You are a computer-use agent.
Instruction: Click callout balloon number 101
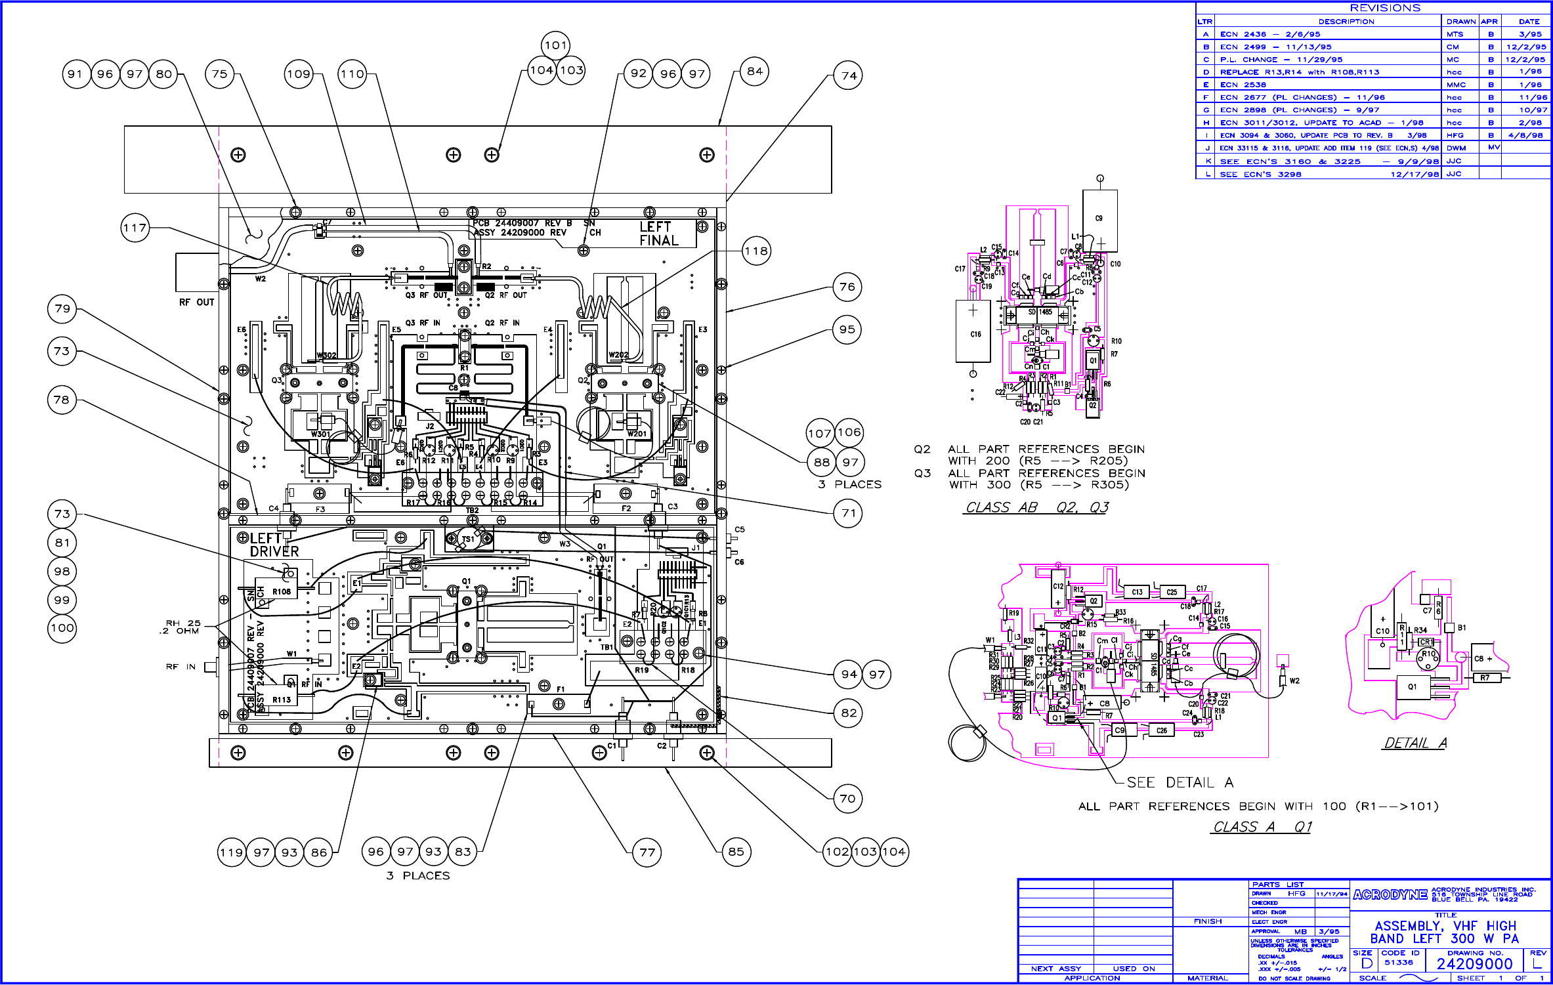pos(555,45)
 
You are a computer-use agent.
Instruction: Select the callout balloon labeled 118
pos(756,251)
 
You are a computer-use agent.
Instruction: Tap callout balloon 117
pos(135,228)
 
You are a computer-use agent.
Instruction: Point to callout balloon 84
pos(755,72)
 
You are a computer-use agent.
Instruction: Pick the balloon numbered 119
pos(232,852)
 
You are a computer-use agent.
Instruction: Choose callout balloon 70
pos(847,799)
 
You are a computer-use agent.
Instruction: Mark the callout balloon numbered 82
pos(849,713)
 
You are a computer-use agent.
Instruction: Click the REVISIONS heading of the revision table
pos(1385,8)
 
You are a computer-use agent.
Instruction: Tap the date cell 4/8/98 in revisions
pos(1525,135)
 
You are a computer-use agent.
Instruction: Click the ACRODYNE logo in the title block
pos(1390,894)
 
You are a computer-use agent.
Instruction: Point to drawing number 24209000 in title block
pos(1474,963)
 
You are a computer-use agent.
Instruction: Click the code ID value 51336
pos(1398,963)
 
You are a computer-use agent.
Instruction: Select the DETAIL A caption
pos(1415,743)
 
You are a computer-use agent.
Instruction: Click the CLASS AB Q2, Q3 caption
pos(1037,507)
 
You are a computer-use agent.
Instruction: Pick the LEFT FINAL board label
pos(658,234)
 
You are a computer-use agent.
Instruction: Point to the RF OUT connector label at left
pos(196,303)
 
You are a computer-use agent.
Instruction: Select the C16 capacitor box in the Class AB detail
pos(973,331)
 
